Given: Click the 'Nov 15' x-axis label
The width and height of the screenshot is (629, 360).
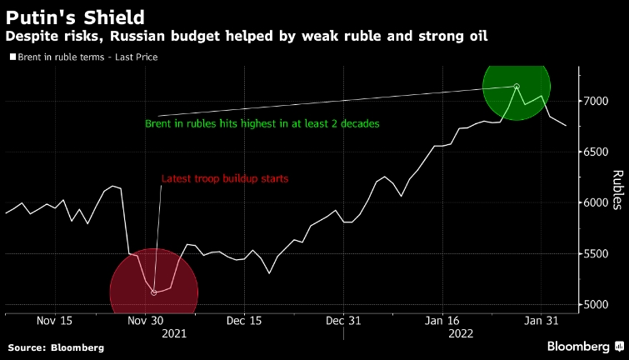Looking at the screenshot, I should [55, 321].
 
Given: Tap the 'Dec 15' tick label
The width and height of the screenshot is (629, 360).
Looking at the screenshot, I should [245, 321].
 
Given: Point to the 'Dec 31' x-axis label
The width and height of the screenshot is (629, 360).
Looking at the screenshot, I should [343, 321].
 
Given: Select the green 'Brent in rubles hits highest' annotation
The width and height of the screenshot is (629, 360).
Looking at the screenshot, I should [262, 123].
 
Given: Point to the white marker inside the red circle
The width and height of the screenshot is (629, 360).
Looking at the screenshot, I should [154, 292].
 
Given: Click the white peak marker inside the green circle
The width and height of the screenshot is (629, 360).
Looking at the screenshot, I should [517, 87].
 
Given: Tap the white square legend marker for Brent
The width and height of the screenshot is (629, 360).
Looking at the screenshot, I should [12, 57].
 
